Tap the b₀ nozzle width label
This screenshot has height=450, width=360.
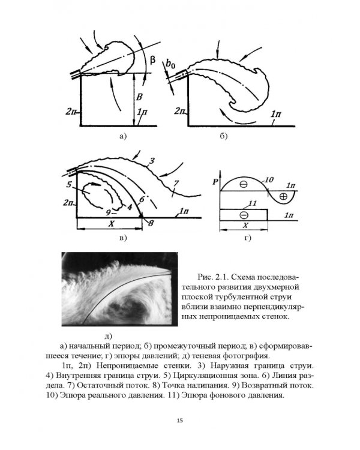click(172, 64)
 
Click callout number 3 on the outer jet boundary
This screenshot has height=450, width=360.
click(153, 160)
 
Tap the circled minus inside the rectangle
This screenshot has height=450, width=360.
click(244, 215)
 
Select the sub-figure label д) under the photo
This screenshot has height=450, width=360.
click(109, 335)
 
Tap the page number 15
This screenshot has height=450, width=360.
click(180, 420)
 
